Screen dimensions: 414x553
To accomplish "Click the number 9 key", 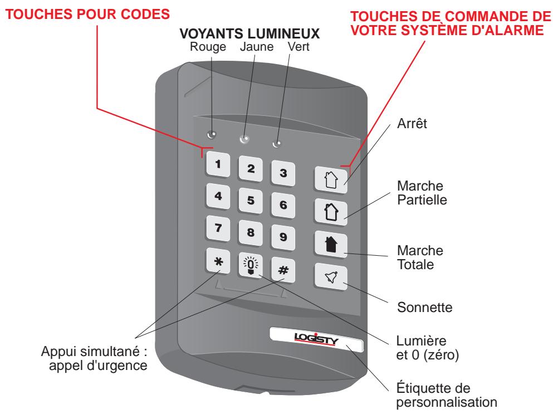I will (x=282, y=236).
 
